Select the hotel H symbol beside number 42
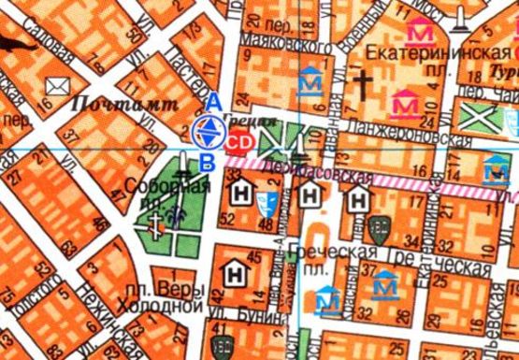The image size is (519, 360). click(x=232, y=274)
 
